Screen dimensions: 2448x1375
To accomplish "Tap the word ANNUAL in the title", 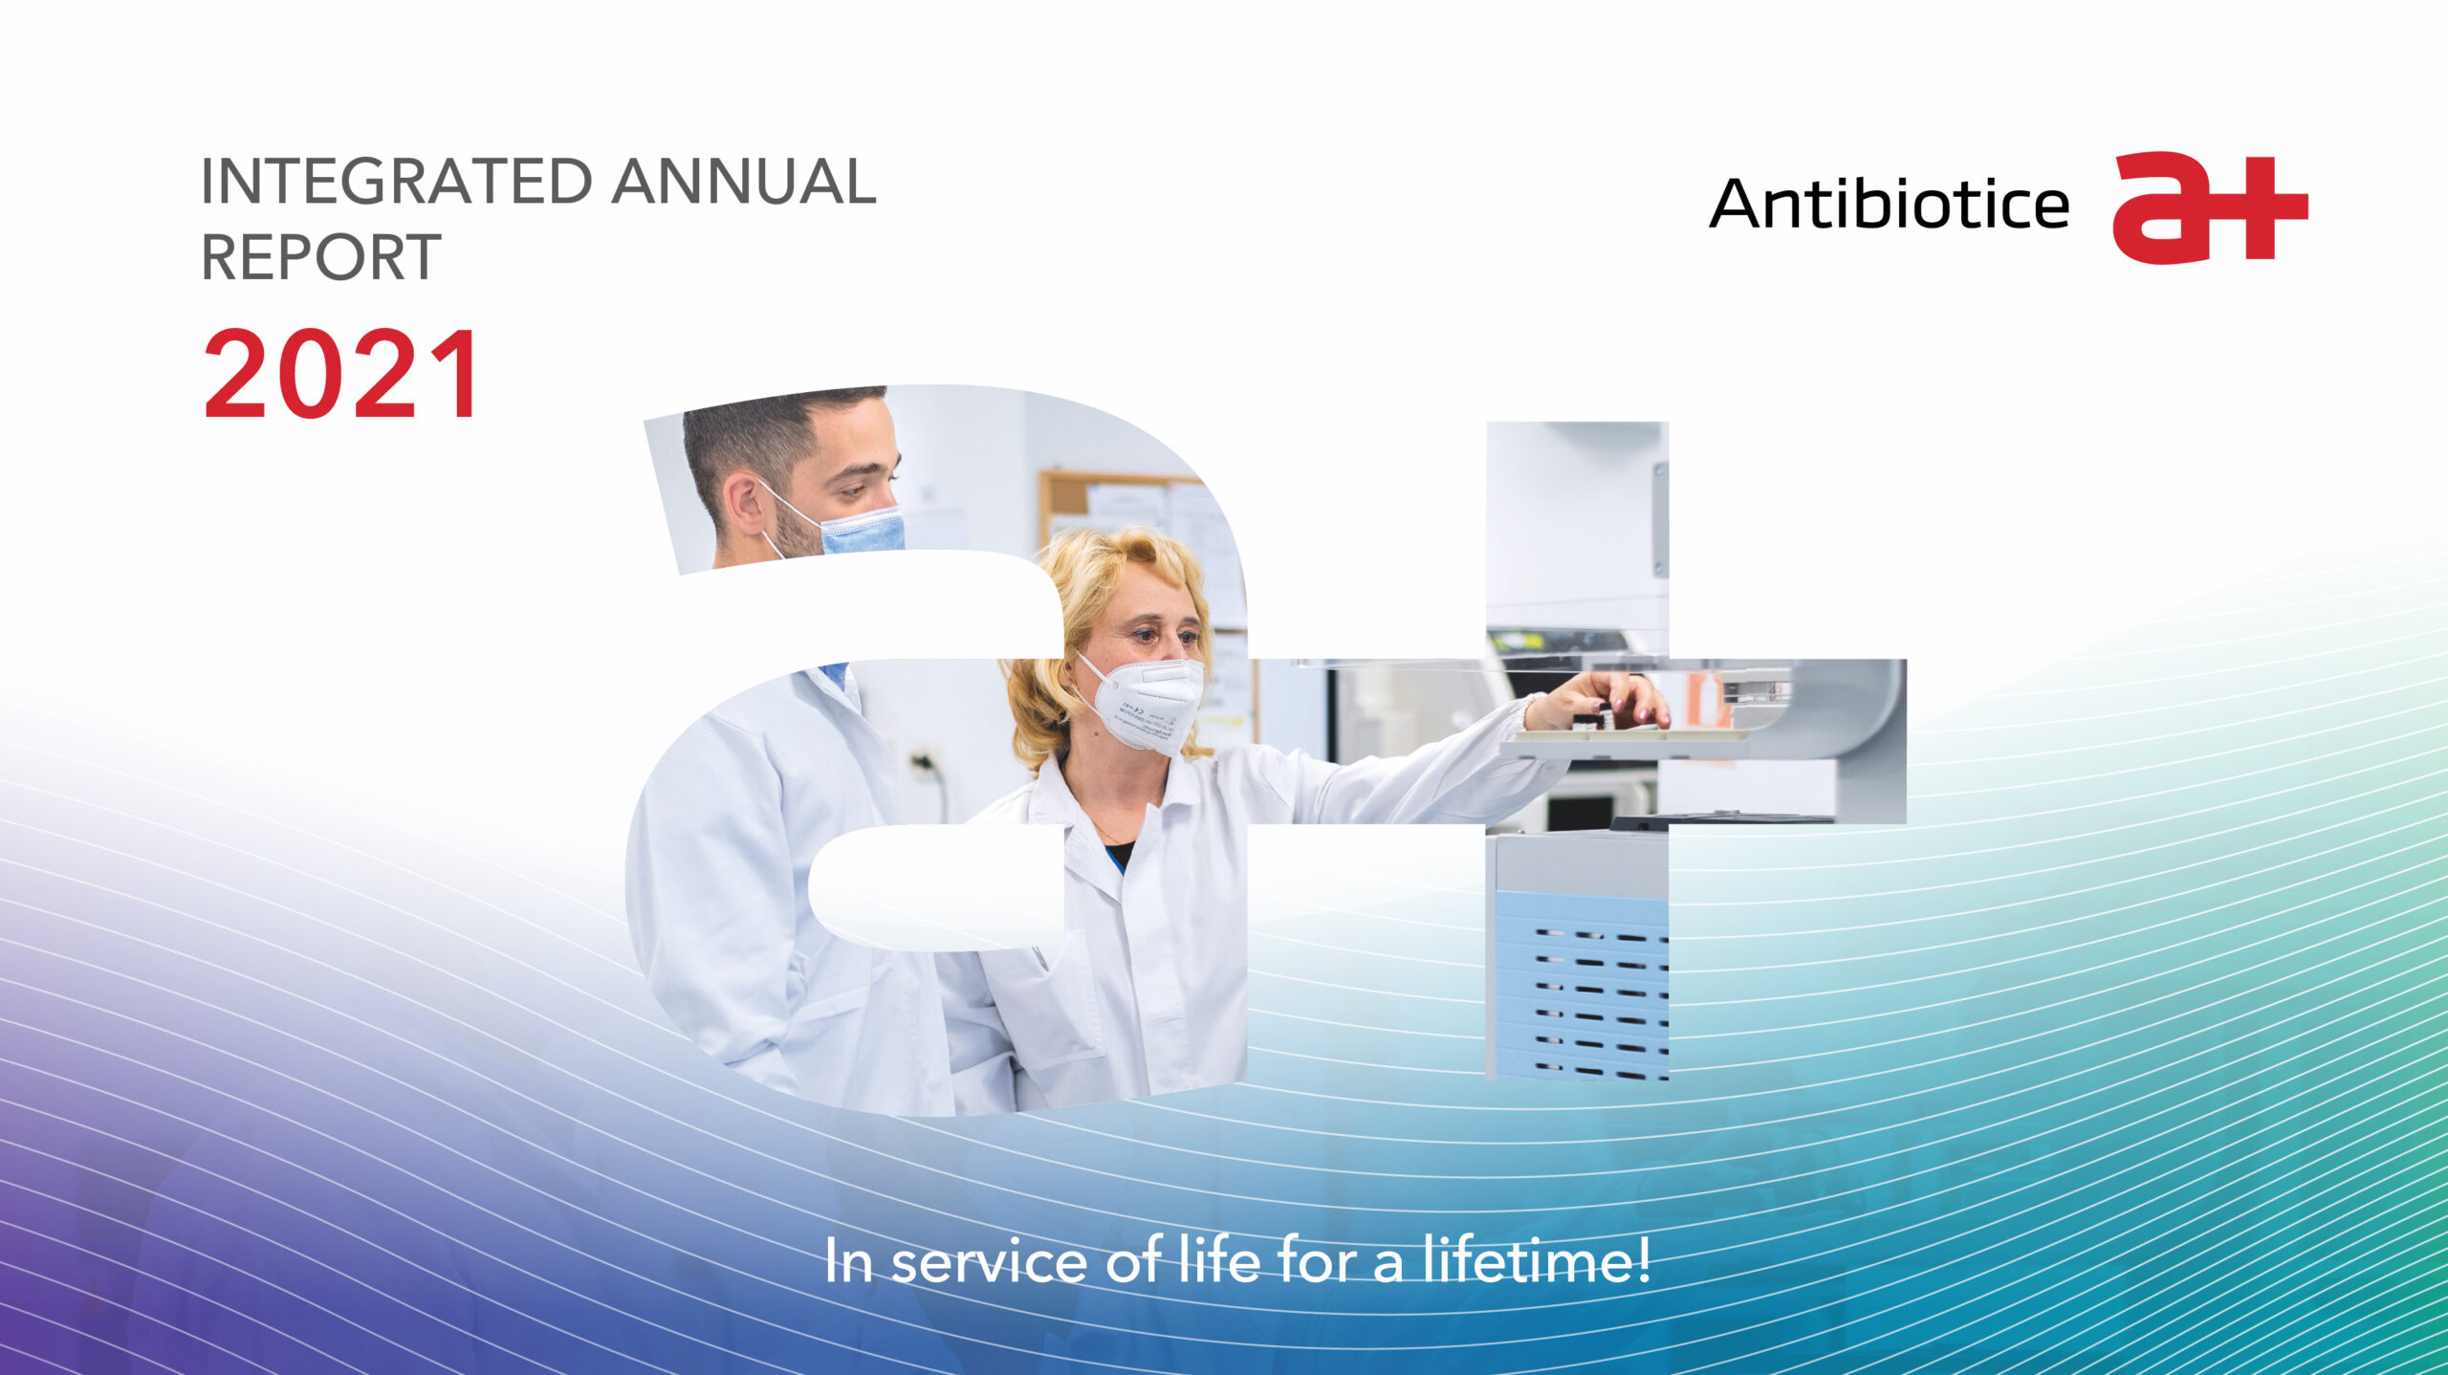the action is click(744, 181).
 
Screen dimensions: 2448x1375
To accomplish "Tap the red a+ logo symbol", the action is click(2210, 207).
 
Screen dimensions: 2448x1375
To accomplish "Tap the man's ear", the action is click(741, 497).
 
